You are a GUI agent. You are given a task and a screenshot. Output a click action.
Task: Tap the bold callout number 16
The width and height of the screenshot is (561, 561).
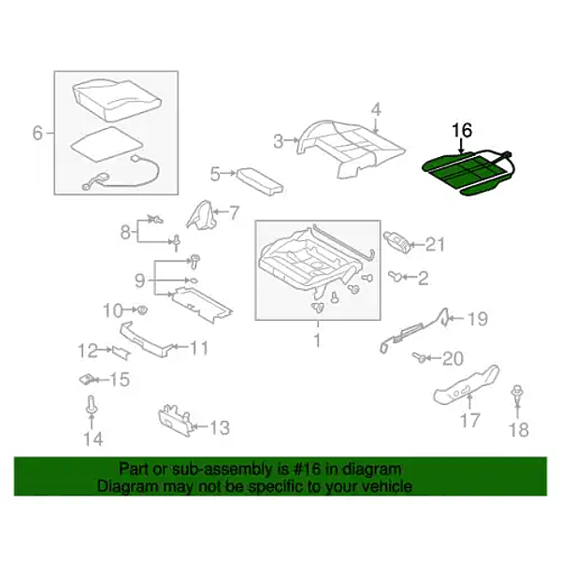pyautogui.click(x=462, y=131)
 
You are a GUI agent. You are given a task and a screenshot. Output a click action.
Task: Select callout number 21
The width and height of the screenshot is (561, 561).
pyautogui.click(x=435, y=245)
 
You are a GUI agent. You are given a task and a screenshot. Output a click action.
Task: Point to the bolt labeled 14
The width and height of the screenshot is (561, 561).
pyautogui.click(x=92, y=407)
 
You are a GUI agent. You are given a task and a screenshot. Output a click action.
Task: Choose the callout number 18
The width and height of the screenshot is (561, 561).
pyautogui.click(x=518, y=429)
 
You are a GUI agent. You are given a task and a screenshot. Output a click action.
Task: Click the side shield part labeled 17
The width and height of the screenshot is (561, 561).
pyautogui.click(x=467, y=385)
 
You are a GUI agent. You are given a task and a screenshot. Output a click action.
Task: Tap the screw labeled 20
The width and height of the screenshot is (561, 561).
pyautogui.click(x=418, y=357)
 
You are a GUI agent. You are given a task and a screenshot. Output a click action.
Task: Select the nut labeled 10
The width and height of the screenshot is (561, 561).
pyautogui.click(x=143, y=309)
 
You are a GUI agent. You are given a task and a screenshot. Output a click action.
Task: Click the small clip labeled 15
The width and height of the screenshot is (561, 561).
pyautogui.click(x=86, y=379)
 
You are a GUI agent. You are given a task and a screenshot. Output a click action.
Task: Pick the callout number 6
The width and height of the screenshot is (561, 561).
pyautogui.click(x=37, y=133)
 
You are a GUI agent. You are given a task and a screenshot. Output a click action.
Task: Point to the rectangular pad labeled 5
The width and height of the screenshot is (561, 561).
pyautogui.click(x=258, y=181)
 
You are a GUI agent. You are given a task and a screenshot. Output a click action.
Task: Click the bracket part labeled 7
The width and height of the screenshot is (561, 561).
pyautogui.click(x=201, y=214)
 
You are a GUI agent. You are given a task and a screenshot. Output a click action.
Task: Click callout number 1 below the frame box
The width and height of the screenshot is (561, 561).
pyautogui.click(x=317, y=340)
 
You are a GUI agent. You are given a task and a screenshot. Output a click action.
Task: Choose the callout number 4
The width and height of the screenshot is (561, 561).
pyautogui.click(x=376, y=110)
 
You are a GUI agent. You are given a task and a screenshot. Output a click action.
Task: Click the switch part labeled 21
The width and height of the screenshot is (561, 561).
pyautogui.click(x=396, y=242)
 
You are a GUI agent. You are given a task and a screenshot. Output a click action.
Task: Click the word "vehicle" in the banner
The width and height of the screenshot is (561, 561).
pyautogui.click(x=385, y=486)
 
